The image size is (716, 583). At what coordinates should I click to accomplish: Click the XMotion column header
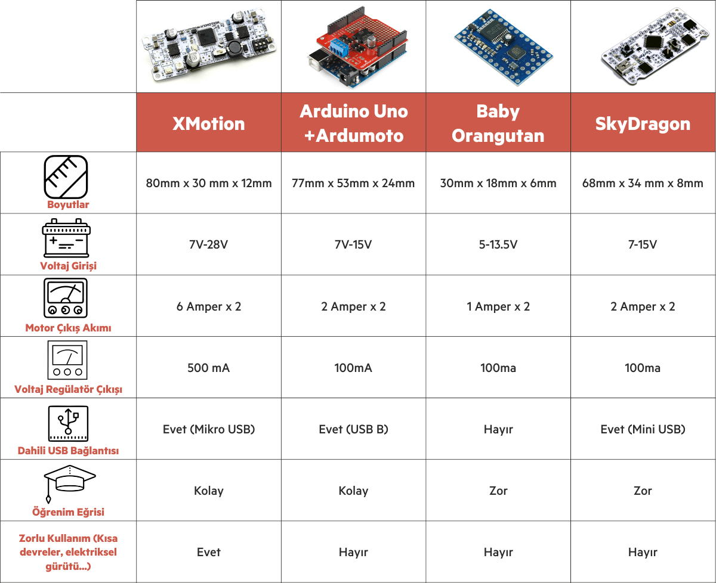tap(209, 123)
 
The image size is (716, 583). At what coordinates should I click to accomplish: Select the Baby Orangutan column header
tap(498, 123)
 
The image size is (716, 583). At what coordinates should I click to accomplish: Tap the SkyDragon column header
tap(643, 123)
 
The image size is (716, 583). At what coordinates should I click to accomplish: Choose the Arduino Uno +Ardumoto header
tap(353, 123)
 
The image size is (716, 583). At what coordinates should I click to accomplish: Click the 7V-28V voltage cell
tap(209, 244)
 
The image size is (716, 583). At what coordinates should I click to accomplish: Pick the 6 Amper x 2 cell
tap(209, 306)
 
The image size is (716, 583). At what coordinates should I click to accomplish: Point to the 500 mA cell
tap(209, 368)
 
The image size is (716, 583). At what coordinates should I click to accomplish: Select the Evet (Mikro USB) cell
tap(209, 429)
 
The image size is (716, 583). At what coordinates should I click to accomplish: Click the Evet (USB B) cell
tap(353, 429)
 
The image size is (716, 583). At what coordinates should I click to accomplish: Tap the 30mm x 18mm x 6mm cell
tap(498, 183)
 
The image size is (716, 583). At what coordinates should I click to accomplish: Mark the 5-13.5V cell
tap(498, 244)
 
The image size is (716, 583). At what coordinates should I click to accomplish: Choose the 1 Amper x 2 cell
tap(498, 306)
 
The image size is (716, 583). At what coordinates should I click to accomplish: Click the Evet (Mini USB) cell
tap(643, 429)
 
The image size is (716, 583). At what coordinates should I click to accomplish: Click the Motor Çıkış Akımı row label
tap(68, 327)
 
